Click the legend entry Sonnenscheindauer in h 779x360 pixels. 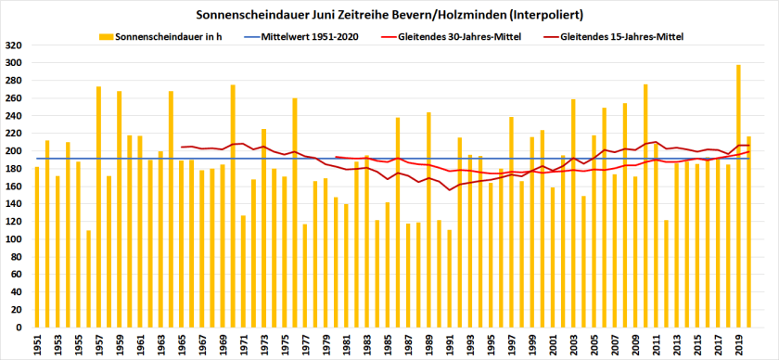[x=176, y=36]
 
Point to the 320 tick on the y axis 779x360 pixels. [x=15, y=45]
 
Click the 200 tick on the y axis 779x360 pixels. [x=15, y=150]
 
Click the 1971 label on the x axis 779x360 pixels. [x=243, y=345]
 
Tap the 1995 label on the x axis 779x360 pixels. [x=491, y=345]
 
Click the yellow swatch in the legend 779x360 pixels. [x=105, y=36]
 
